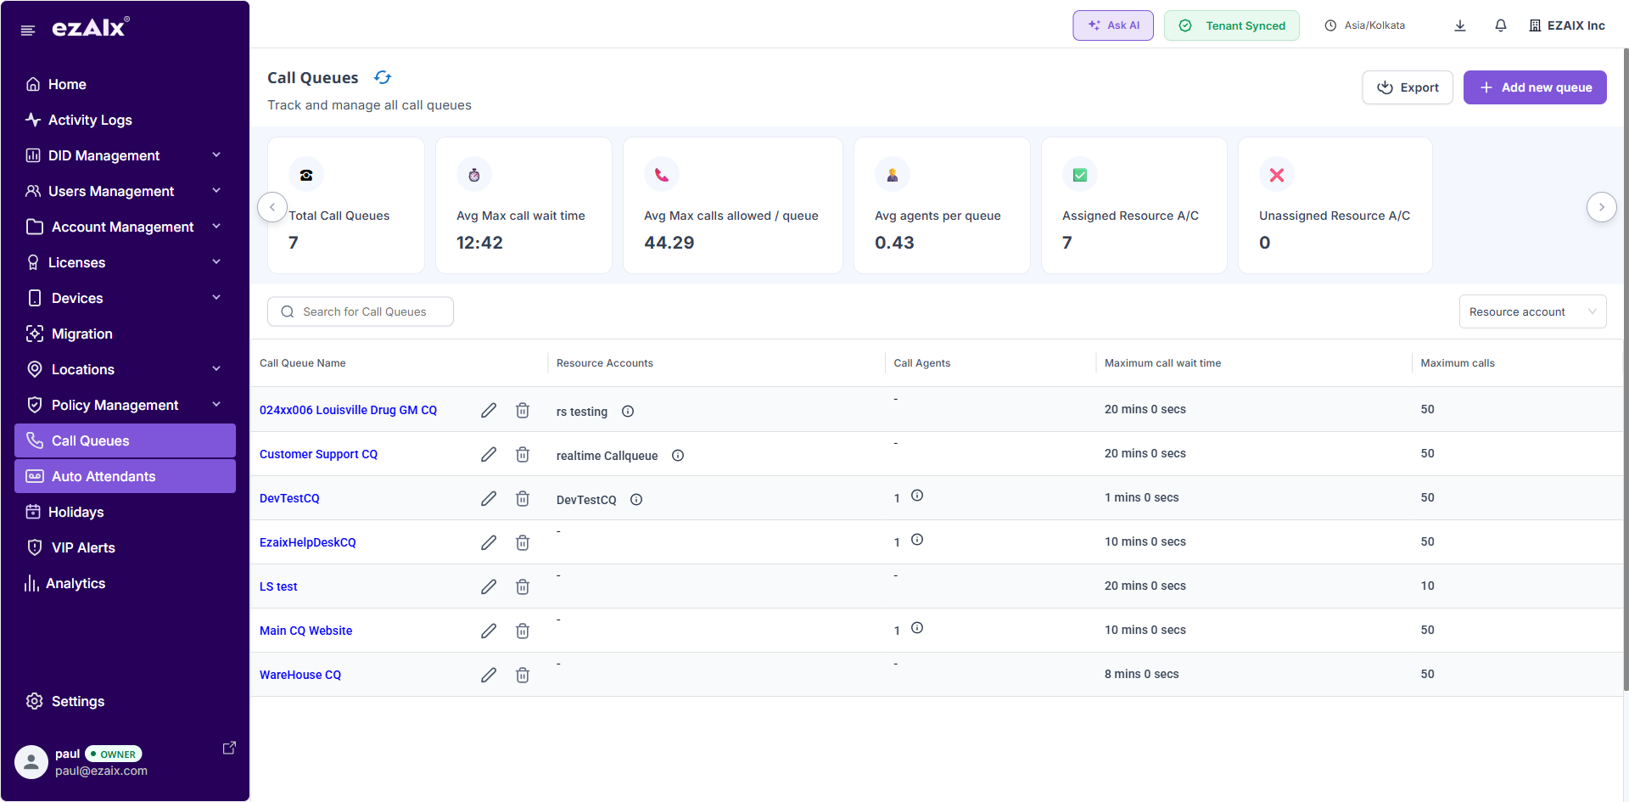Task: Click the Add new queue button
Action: pos(1534,87)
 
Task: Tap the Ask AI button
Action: pos(1112,25)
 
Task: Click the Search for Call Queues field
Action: pos(361,311)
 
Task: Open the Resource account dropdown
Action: pos(1531,311)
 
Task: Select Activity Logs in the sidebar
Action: pos(90,120)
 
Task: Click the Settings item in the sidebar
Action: pos(77,701)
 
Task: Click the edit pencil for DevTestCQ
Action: pos(489,498)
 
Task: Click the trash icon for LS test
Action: pos(523,586)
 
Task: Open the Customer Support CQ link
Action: pos(318,454)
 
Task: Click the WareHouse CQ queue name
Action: pos(300,675)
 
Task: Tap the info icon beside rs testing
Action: pos(628,412)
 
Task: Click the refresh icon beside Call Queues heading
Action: pos(383,77)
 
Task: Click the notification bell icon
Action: pos(1500,25)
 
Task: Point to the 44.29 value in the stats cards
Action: pos(669,243)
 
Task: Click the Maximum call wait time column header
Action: pos(1162,363)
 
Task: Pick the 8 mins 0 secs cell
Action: pos(1141,674)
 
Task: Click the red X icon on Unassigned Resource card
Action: pos(1276,175)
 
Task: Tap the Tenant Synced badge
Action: pos(1231,25)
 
